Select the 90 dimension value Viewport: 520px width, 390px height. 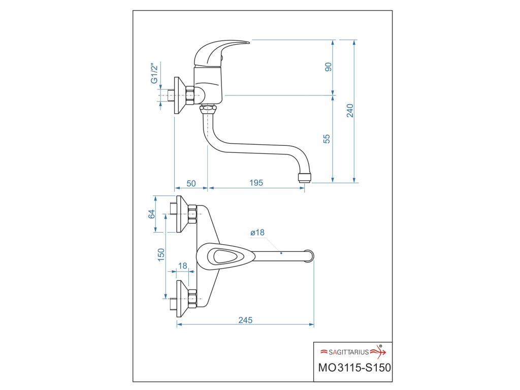point(328,67)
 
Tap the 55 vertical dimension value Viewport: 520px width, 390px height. point(328,138)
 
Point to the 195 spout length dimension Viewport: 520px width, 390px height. point(256,183)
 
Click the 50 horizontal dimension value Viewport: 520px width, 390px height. point(191,183)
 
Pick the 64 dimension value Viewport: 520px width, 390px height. point(151,214)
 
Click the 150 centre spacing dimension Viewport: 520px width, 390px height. point(160,254)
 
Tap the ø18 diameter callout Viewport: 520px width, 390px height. point(257,233)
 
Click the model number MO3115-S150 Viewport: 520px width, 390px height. point(353,367)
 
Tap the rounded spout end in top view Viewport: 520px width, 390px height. point(309,255)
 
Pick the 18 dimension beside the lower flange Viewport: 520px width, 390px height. point(183,266)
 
